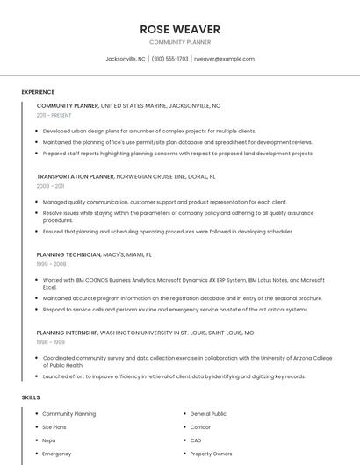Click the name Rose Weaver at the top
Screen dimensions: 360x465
pyautogui.click(x=180, y=30)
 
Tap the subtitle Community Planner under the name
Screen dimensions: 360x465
pyautogui.click(x=180, y=42)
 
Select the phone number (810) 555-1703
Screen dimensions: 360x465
pyautogui.click(x=169, y=59)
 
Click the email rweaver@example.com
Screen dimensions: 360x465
pyautogui.click(x=224, y=59)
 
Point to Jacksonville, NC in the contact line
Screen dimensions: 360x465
pyautogui.click(x=126, y=59)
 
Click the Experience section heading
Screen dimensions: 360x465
pyautogui.click(x=38, y=92)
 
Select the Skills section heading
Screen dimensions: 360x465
pyautogui.click(x=31, y=397)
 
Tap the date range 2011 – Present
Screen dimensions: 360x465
pyautogui.click(x=54, y=115)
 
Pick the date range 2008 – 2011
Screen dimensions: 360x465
pyautogui.click(x=50, y=186)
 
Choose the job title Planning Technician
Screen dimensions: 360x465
pyautogui.click(x=68, y=254)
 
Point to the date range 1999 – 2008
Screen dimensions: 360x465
pyautogui.click(x=51, y=264)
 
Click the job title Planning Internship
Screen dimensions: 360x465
pyautogui.click(x=68, y=333)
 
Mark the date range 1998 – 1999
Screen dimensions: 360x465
pyautogui.click(x=50, y=343)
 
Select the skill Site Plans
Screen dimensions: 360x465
pyautogui.click(x=54, y=427)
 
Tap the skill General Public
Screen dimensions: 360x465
pyautogui.click(x=208, y=413)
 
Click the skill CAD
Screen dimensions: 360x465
pyautogui.click(x=196, y=440)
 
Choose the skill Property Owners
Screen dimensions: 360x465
pyautogui.click(x=212, y=454)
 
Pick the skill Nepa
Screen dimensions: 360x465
pyautogui.click(x=49, y=440)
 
